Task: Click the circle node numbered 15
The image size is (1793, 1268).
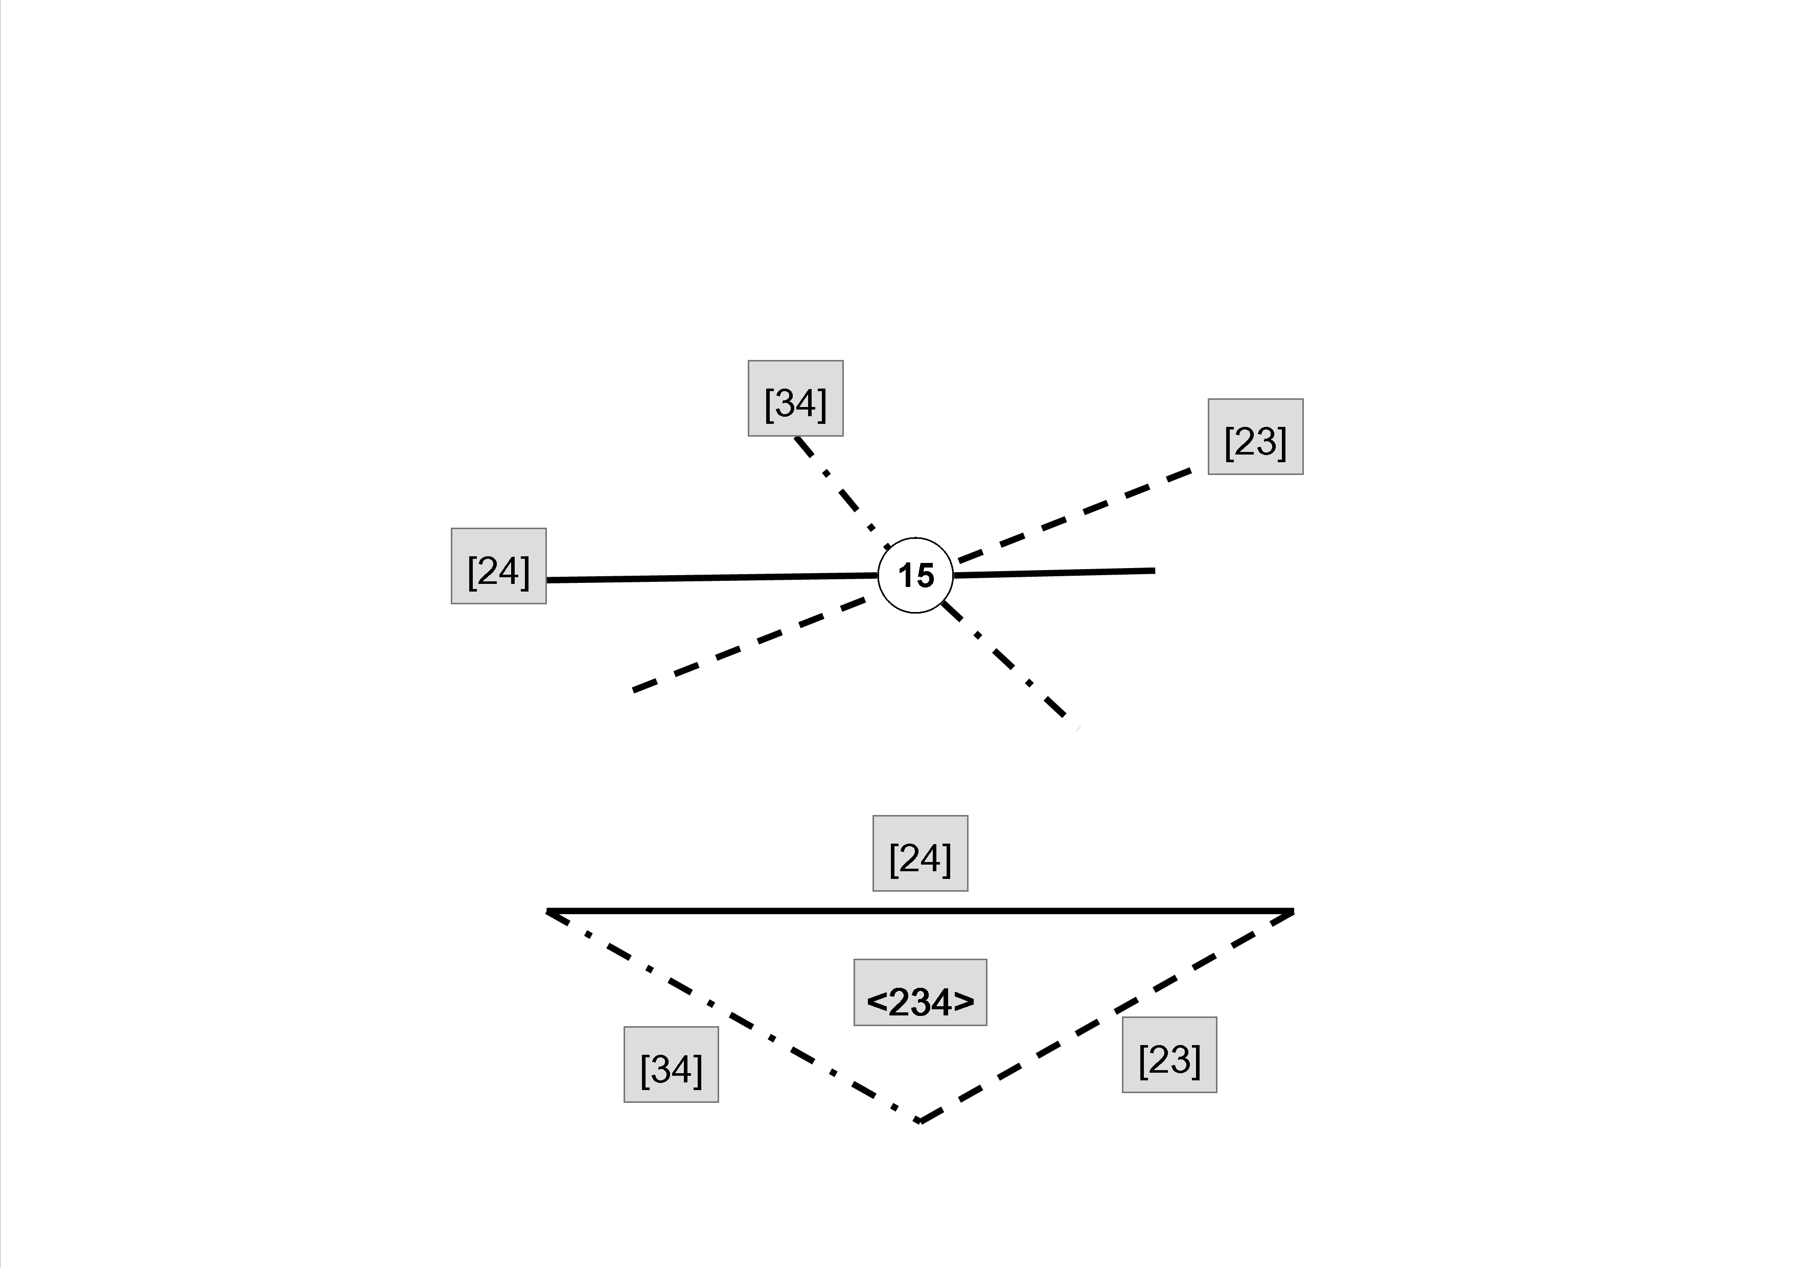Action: [915, 575]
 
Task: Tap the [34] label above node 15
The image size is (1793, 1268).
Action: [795, 398]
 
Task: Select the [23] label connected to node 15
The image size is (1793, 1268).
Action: [1255, 437]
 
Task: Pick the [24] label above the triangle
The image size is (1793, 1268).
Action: [920, 853]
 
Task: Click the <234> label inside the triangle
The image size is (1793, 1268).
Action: [920, 992]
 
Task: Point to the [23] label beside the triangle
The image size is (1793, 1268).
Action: [1169, 1055]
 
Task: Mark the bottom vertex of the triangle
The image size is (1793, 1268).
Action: [921, 1121]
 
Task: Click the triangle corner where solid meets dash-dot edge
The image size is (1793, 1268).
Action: [548, 912]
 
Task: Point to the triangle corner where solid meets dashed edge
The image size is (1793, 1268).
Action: [1293, 912]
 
